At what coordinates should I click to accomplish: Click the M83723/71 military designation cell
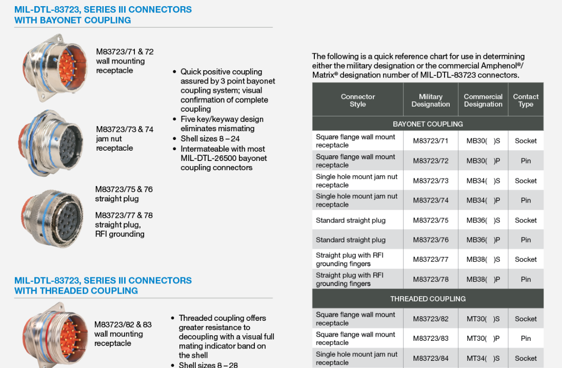pyautogui.click(x=430, y=141)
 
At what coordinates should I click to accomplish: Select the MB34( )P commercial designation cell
pyautogui.click(x=483, y=200)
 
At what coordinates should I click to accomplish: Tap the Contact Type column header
pyautogui.click(x=526, y=100)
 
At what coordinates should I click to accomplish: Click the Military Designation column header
pyautogui.click(x=430, y=100)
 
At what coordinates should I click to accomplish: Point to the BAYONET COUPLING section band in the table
pyautogui.click(x=428, y=124)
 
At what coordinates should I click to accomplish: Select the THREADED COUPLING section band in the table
pyautogui.click(x=428, y=299)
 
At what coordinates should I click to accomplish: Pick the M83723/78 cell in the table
pyautogui.click(x=430, y=279)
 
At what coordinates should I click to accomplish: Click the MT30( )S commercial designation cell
pyautogui.click(x=483, y=319)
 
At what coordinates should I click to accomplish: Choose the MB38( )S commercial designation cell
pyautogui.click(x=483, y=259)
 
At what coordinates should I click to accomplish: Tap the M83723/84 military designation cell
pyautogui.click(x=430, y=358)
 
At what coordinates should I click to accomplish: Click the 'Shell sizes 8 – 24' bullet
pyautogui.click(x=210, y=139)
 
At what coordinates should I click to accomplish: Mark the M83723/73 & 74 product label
pyautogui.click(x=125, y=129)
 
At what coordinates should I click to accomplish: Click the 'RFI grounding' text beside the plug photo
pyautogui.click(x=119, y=234)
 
